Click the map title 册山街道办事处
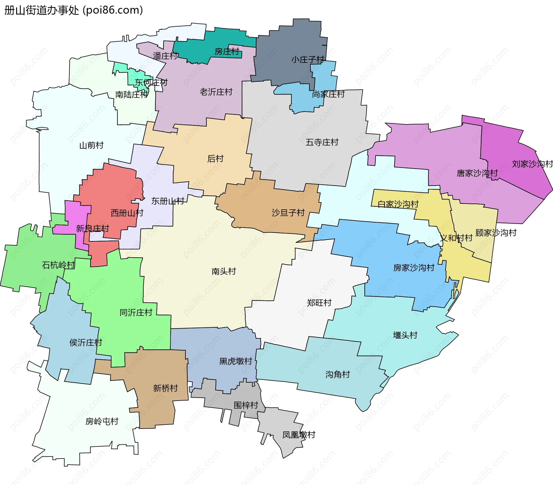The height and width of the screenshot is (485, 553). click(41, 10)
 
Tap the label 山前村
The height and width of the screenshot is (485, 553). click(91, 145)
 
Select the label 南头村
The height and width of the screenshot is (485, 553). click(224, 271)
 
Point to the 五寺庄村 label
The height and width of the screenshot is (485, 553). click(322, 142)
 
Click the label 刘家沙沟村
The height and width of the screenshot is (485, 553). click(532, 164)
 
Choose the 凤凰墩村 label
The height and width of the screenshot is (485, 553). click(299, 435)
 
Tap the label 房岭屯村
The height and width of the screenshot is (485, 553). click(102, 421)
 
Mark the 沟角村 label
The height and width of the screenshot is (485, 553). click(338, 374)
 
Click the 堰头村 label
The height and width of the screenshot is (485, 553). click(405, 335)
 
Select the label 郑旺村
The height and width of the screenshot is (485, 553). click(319, 303)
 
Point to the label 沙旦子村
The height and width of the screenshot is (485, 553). click(288, 213)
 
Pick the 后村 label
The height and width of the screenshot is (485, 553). click(215, 159)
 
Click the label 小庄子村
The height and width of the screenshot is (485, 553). click(308, 60)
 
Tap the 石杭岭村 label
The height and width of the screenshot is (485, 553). click(58, 265)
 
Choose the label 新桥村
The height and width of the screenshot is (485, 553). click(165, 388)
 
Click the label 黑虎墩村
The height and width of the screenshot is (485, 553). click(236, 361)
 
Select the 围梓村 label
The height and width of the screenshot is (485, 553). click(246, 405)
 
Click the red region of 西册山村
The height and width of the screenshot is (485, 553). click(109, 187)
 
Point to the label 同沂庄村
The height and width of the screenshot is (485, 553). click(136, 312)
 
